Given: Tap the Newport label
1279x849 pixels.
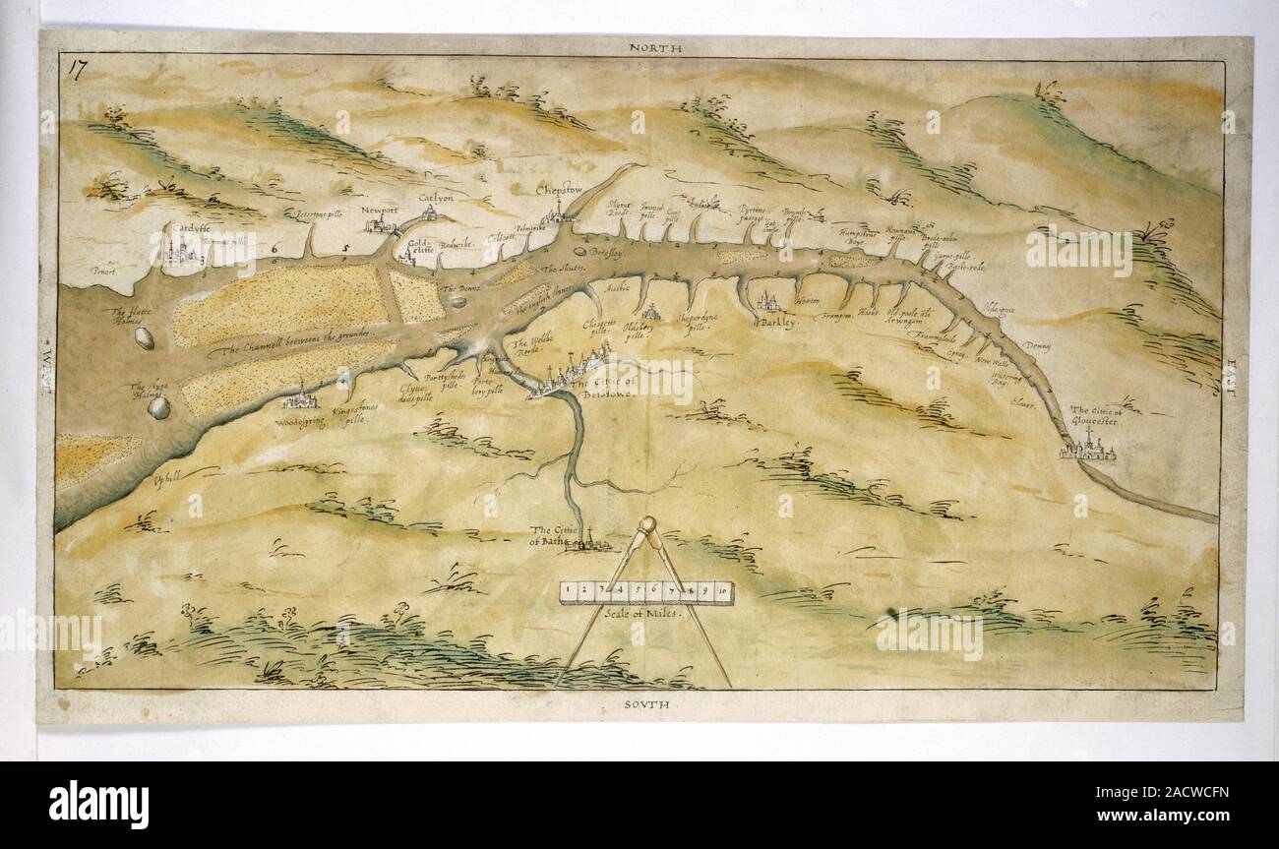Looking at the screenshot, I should point(377,210).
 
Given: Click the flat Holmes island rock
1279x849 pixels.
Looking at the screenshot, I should point(145,339).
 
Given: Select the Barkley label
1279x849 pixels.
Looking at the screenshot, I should point(779,322).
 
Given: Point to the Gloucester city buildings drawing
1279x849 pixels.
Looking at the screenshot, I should point(1088,452).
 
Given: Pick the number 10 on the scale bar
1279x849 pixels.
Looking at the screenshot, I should point(723,591).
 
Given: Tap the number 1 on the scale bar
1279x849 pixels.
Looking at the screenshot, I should point(571,591).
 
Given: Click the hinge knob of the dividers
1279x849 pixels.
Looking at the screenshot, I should point(647,525).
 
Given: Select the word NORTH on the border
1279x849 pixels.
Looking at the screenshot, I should point(654,47).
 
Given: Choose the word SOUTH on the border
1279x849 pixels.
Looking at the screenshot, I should point(645,704).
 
